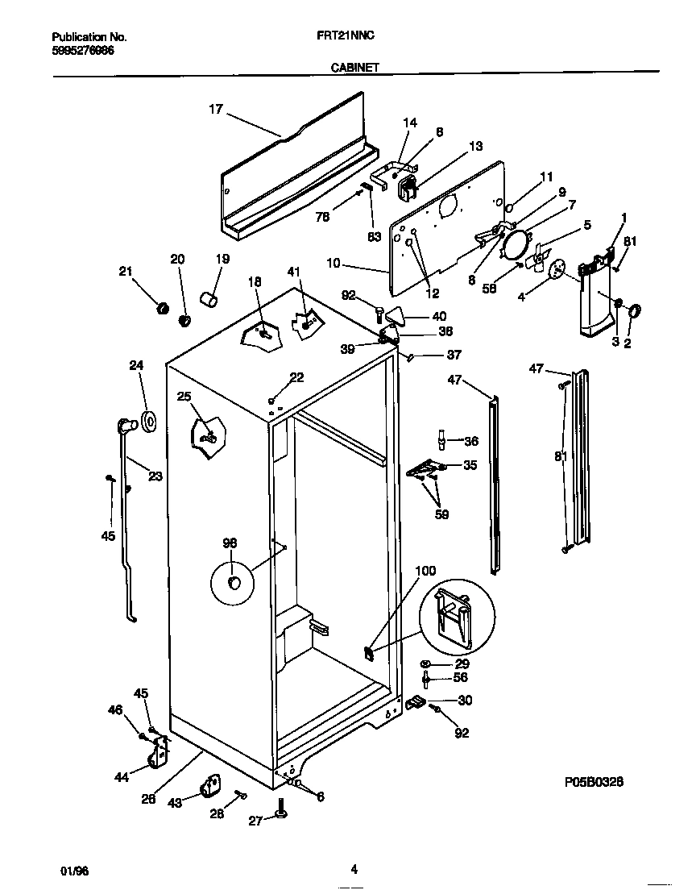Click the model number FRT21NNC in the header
tap(346, 37)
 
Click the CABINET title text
tap(354, 69)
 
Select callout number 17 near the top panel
tap(216, 109)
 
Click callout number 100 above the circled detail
tap(425, 572)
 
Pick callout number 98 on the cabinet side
tap(230, 543)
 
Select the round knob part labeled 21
tap(161, 308)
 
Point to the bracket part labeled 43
tap(211, 785)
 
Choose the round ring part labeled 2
tap(633, 311)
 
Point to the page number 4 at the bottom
tap(354, 869)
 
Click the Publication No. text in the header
tap(89, 37)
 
